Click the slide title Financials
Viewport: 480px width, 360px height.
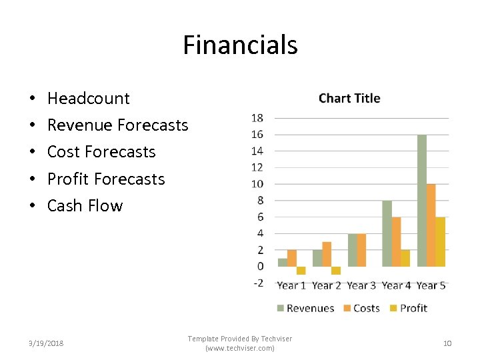(x=240, y=45)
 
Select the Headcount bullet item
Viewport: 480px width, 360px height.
(x=88, y=99)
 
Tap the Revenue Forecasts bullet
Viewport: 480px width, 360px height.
(x=117, y=125)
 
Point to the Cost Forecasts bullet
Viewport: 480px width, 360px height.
(x=101, y=152)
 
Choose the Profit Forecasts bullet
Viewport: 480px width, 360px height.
(x=105, y=179)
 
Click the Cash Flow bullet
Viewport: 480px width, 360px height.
(x=85, y=206)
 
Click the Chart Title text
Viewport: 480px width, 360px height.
(x=349, y=99)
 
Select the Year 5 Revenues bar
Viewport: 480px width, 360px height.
(x=421, y=200)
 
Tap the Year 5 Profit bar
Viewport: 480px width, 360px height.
(x=440, y=241)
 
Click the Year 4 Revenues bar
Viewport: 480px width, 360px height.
(x=387, y=233)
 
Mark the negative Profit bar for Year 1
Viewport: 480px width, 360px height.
(x=301, y=271)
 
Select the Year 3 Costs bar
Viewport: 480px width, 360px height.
(x=361, y=250)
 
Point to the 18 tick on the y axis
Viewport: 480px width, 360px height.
(x=257, y=119)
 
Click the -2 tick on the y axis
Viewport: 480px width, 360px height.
(x=257, y=283)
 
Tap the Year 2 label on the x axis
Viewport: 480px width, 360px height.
(x=326, y=285)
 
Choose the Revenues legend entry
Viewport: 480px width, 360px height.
(x=305, y=308)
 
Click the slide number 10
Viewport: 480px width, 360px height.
(x=447, y=343)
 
